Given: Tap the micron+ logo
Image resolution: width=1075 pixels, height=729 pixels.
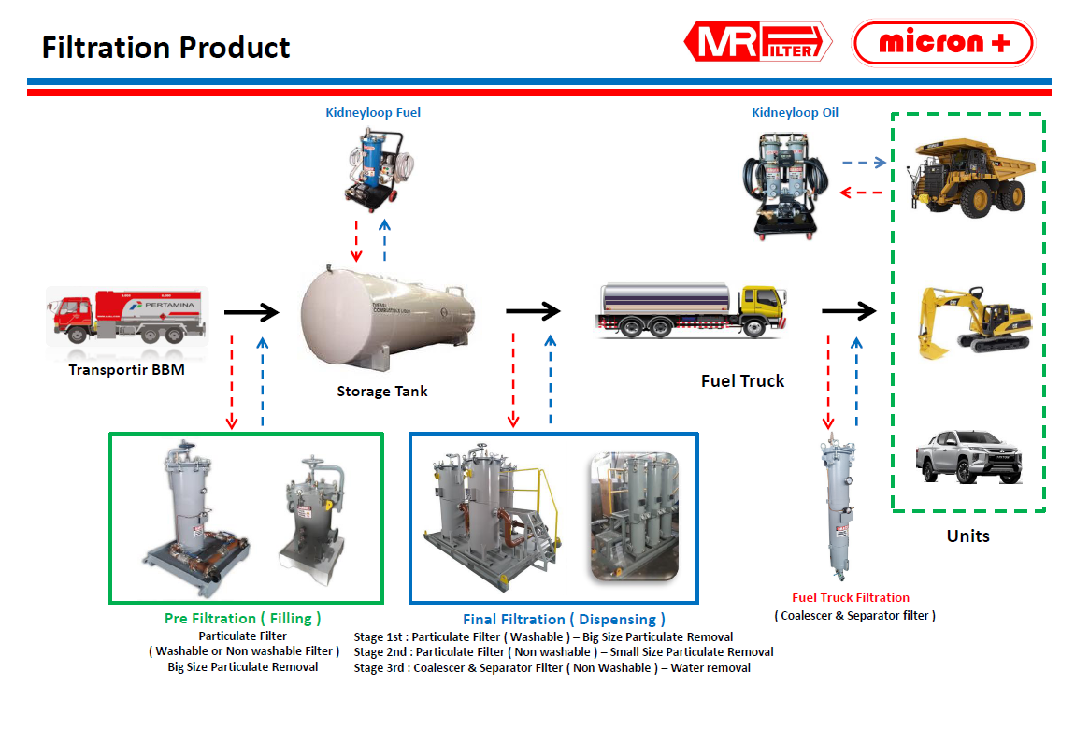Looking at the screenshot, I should (x=943, y=43).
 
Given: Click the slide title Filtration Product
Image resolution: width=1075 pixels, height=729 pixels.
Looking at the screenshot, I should (x=166, y=47).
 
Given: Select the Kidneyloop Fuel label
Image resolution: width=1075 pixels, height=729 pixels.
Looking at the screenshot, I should (x=373, y=113).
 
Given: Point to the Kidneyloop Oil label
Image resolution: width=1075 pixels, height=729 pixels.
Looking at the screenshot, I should (x=795, y=113).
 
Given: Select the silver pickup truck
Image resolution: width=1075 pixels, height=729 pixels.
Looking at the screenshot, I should (x=968, y=453).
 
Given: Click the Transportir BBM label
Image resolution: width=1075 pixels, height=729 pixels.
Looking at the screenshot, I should (x=126, y=370).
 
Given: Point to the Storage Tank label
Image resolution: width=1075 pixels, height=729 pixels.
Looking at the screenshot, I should (x=382, y=392).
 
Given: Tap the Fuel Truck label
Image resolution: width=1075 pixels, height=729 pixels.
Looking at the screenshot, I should (x=743, y=381).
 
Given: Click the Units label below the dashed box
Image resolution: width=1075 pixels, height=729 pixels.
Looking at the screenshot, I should (x=967, y=536).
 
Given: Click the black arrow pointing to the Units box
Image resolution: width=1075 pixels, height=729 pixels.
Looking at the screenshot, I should (x=849, y=311).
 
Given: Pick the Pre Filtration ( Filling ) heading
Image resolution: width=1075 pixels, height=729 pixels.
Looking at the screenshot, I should (x=243, y=618).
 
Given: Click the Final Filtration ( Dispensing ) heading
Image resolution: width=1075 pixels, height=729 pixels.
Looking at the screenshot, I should (x=565, y=619).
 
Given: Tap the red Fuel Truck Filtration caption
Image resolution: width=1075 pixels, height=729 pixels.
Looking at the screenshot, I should (x=851, y=598).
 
